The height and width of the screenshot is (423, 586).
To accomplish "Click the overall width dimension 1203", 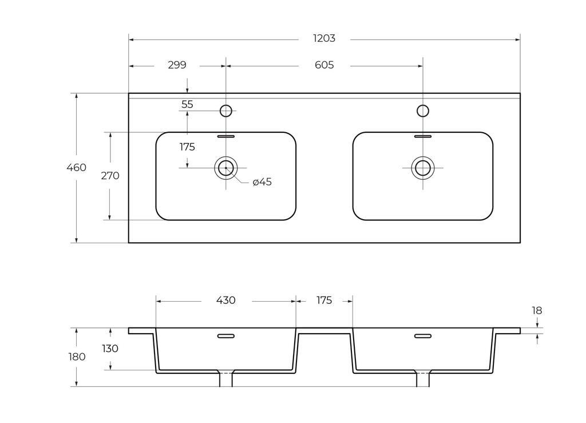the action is coord(324,38).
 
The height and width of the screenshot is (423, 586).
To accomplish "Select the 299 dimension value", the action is coord(177,65).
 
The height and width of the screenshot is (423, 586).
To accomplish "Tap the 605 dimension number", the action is coord(324,65).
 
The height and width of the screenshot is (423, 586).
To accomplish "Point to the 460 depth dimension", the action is coord(76,167).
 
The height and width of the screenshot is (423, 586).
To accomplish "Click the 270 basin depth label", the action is coord(110,176).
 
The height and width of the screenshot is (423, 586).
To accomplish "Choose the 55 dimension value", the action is coord(187,104).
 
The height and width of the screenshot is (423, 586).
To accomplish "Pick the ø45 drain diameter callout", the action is coord(262,182).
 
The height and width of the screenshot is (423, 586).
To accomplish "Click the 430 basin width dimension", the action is coord(225,300).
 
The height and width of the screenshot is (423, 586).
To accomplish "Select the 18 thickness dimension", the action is coord(537,310).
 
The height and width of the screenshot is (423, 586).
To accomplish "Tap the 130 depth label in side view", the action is coord(110,349).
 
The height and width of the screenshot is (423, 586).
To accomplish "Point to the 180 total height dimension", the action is coord(77,357).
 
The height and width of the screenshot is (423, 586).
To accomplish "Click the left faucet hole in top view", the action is coord(225,111).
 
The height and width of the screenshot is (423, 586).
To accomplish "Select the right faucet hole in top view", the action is coord(423,111).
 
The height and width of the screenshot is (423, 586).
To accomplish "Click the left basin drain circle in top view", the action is coord(225,168).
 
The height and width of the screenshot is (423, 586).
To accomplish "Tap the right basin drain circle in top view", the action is coord(423,168).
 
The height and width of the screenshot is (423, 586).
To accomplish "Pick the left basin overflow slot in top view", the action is coord(226,136).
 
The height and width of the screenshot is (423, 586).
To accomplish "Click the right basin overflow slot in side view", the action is coord(423,336).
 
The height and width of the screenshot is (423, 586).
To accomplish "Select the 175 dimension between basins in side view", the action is coord(324,300).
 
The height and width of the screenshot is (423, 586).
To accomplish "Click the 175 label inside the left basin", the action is coord(187,147).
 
